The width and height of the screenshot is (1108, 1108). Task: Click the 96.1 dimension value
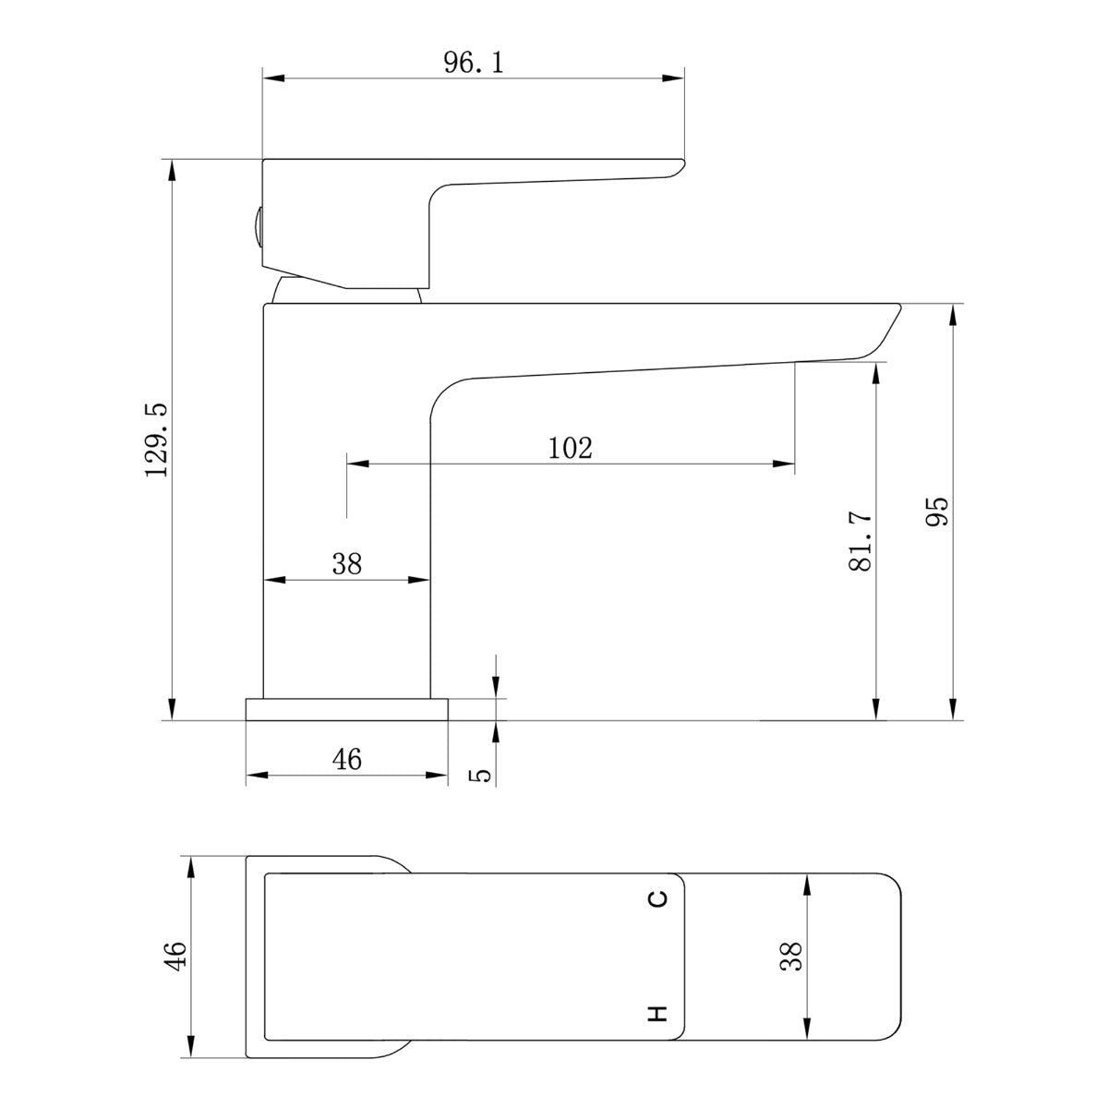[474, 62]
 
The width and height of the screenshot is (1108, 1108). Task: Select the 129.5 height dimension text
[156, 440]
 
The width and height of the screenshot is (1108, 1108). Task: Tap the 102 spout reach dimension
[570, 448]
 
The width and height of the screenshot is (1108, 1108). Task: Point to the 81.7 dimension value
[861, 541]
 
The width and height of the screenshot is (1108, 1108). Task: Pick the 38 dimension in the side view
[347, 563]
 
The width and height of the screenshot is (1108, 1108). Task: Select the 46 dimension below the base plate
[347, 759]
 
